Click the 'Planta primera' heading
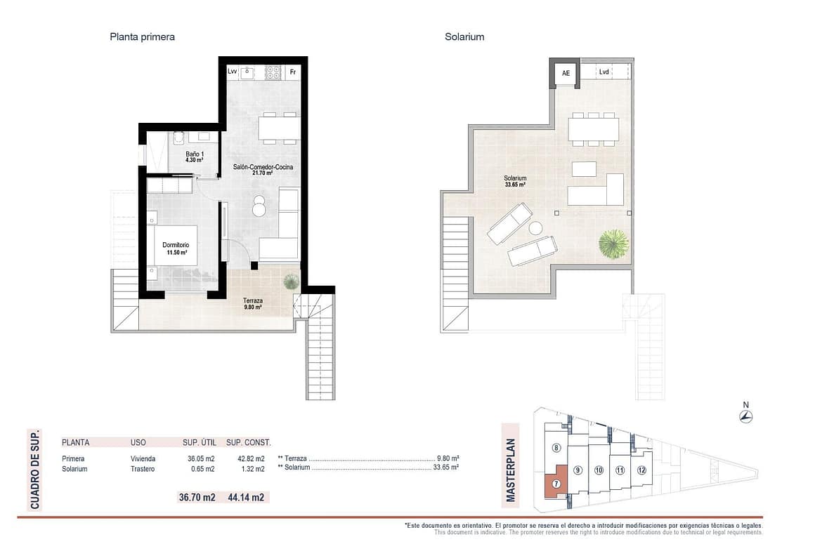142,36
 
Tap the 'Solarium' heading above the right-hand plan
464,36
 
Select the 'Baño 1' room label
195,154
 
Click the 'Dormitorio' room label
176,245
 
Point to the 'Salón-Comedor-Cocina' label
263,167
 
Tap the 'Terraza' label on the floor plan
253,300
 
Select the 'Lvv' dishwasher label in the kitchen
233,71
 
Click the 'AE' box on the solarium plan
566,73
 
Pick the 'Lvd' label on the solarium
604,72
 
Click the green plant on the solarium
613,244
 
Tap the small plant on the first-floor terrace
291,281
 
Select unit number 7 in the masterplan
556,484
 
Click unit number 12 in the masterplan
641,470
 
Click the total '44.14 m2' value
246,497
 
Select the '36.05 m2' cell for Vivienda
202,459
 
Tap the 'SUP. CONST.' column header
249,443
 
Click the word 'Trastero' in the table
143,469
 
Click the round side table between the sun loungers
535,228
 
